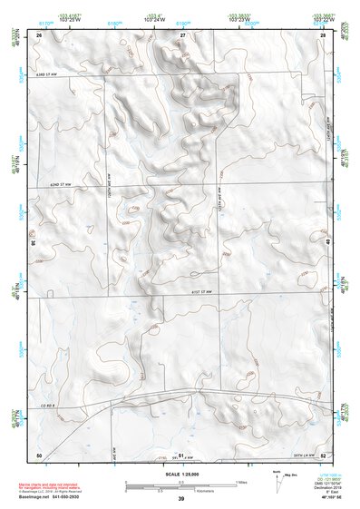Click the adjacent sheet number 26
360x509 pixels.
(40, 34)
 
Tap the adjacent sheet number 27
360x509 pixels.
(181, 34)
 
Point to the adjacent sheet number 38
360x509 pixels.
(34, 243)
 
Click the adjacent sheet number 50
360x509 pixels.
(39, 454)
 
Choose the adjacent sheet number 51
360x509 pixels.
(181, 454)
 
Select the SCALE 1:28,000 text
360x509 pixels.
(180, 470)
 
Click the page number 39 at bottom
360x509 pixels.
(180, 500)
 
